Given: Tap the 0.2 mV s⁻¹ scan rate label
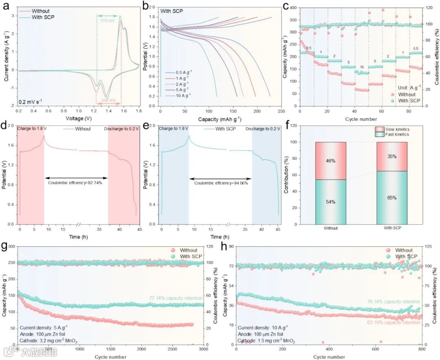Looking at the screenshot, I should pos(31,101).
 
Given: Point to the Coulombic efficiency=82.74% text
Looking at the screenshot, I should pos(76,183).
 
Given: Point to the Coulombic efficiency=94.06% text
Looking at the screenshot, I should pos(220,183).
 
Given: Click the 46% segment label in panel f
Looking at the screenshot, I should pos(330,161).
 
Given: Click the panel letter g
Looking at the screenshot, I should pos(5,247).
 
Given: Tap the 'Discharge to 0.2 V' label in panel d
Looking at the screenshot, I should pos(122,129).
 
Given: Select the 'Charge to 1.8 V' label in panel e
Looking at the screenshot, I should pos(174,129).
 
